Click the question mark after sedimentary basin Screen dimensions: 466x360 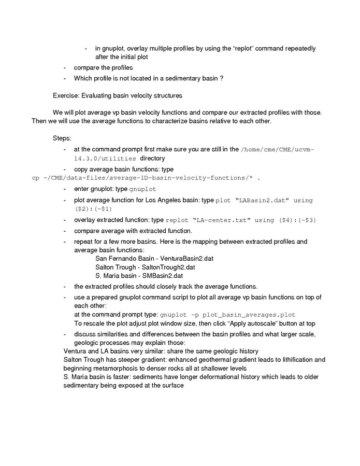(x=222, y=78)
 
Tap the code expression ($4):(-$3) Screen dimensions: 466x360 (x=297, y=220)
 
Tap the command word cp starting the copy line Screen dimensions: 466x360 (x=35, y=178)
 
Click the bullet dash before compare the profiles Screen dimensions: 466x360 (x=65, y=67)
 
